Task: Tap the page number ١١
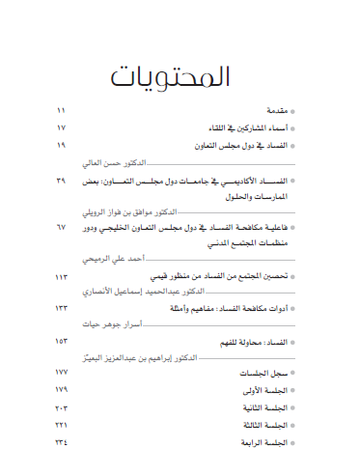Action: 63,112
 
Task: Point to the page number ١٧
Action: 63,128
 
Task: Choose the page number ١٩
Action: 63,145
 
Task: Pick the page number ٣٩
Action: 63,181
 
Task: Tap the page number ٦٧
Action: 63,227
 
